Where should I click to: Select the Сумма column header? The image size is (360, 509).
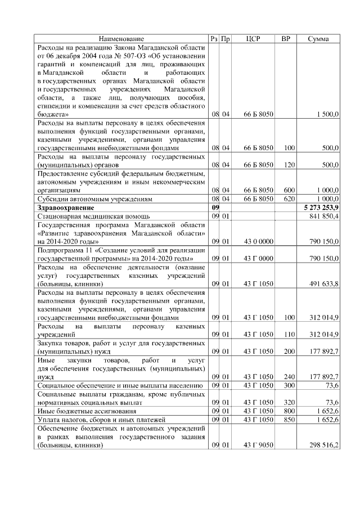click(x=318, y=39)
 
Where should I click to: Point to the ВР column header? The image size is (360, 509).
click(x=286, y=39)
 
